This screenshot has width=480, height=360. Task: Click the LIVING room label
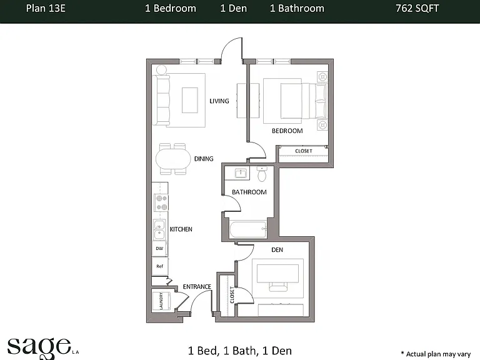219,101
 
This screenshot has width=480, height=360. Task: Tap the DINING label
204,159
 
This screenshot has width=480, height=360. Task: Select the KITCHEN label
181,229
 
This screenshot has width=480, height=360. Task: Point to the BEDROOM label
287,131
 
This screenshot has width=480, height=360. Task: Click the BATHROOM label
249,192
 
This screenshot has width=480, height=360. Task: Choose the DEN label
277,250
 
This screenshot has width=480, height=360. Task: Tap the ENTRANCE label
197,287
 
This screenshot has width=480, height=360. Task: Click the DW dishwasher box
159,248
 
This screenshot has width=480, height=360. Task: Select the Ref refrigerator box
159,266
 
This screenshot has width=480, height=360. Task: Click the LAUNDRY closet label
161,301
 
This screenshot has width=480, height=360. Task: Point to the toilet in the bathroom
262,174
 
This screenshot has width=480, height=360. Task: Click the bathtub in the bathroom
248,229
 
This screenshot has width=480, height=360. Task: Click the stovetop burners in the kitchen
161,202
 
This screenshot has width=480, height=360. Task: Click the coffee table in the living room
190,100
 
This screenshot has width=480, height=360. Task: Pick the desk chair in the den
278,287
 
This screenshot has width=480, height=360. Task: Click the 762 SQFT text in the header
417,8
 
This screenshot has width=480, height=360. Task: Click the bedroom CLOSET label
304,151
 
